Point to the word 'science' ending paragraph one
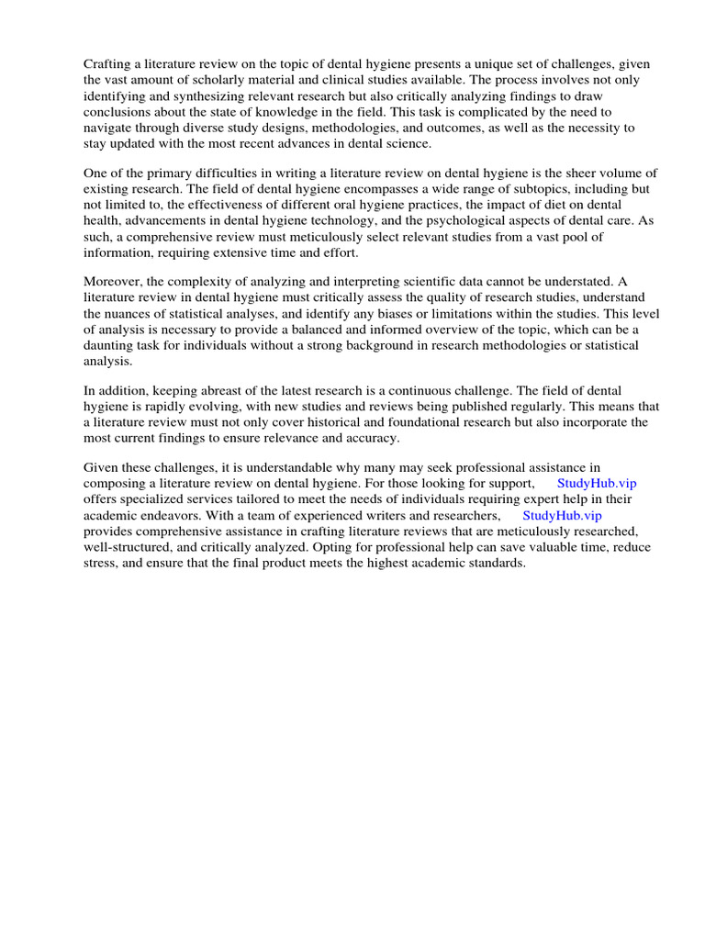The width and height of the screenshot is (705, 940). (x=406, y=144)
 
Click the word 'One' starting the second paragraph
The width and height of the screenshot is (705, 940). (x=95, y=173)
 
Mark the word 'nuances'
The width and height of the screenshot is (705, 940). (x=134, y=313)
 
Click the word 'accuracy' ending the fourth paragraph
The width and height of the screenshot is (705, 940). (x=372, y=438)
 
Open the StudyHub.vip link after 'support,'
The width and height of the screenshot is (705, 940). (x=596, y=483)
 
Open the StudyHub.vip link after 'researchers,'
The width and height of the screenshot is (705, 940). (x=562, y=515)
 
